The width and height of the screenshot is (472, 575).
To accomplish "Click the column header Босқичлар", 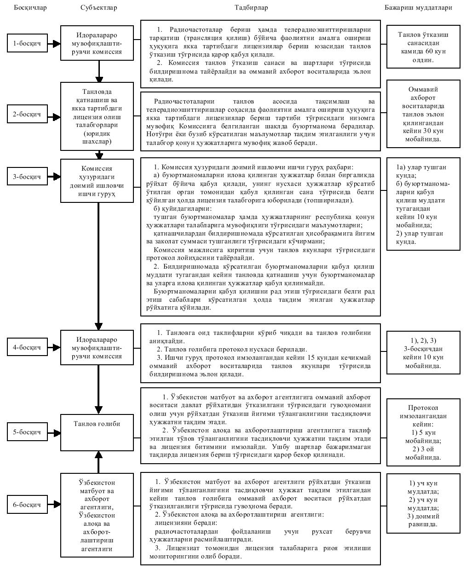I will [30, 7].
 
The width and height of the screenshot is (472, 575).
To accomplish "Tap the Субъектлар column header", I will [98, 7].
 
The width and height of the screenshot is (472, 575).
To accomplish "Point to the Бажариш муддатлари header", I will [418, 7].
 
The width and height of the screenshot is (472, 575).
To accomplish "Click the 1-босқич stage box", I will [27, 44].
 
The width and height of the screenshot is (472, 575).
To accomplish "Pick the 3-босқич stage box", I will [27, 177].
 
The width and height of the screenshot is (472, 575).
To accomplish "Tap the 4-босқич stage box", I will [27, 347].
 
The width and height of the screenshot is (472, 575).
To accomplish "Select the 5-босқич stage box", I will [27, 432].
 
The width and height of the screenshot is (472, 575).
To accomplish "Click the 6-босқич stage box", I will [27, 505].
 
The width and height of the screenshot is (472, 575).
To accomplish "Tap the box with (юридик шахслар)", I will [97, 116].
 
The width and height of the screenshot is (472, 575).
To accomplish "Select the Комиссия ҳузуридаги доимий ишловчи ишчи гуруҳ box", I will [97, 181].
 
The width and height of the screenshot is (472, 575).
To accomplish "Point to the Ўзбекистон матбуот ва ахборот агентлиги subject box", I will [97, 515].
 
